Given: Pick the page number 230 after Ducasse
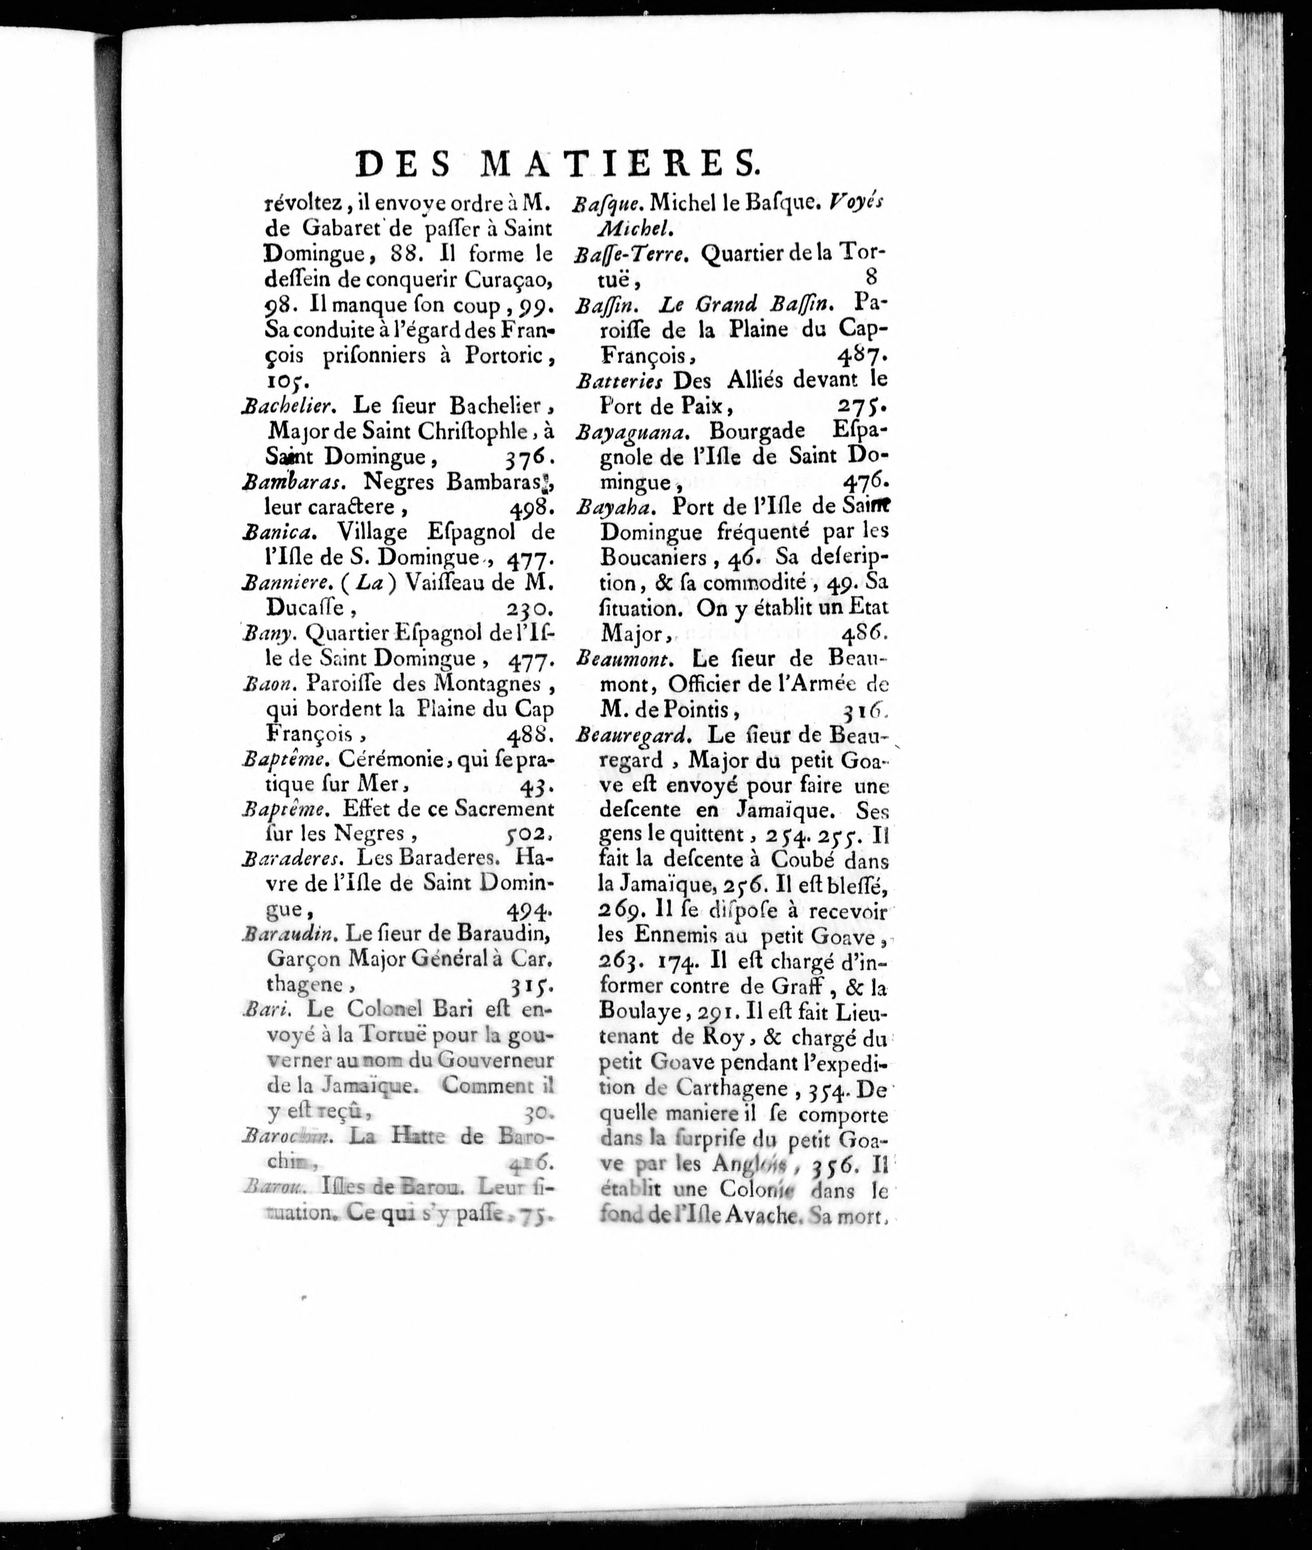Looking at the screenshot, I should coord(528,609).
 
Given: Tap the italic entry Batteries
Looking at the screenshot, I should coord(619,381).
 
